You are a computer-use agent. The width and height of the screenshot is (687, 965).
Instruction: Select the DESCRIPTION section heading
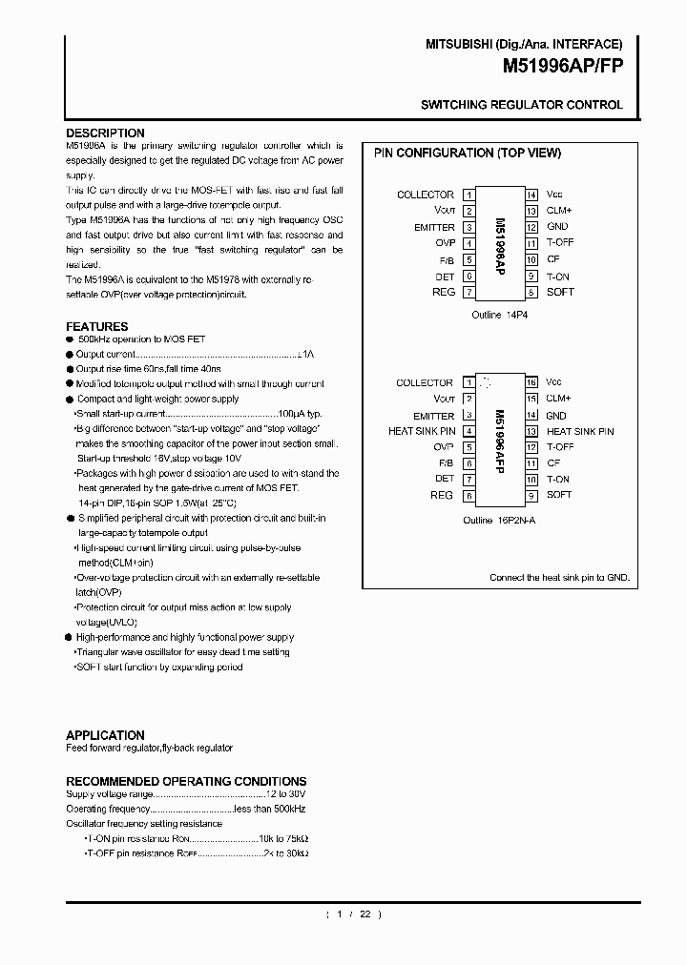(x=105, y=133)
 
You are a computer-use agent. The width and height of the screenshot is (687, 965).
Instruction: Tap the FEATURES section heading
(x=96, y=326)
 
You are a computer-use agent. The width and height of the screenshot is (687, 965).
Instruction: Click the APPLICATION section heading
(x=105, y=735)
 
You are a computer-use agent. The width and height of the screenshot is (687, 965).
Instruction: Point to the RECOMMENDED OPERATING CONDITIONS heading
(x=186, y=781)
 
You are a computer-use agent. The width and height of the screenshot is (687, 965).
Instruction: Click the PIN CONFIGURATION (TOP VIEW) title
(x=467, y=153)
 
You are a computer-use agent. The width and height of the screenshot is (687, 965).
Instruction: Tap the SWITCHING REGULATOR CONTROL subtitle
(x=522, y=105)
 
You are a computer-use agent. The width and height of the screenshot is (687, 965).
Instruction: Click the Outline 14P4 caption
(x=500, y=315)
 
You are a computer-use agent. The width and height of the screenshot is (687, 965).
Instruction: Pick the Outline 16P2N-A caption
(x=499, y=521)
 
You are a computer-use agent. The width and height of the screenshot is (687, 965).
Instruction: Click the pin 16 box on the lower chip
(x=531, y=382)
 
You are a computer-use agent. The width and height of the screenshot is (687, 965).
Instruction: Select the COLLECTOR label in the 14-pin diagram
(x=426, y=195)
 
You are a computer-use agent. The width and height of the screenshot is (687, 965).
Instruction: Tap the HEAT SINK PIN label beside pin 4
(x=421, y=432)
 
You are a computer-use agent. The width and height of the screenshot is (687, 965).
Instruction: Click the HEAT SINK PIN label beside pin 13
(x=580, y=432)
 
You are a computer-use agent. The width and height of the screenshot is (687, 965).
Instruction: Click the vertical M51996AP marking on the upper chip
(x=500, y=243)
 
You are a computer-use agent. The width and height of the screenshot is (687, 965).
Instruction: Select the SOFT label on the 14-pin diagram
(x=561, y=292)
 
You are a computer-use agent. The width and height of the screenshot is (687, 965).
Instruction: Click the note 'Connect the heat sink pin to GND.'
(x=559, y=578)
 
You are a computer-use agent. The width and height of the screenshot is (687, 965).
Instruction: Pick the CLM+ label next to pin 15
(x=559, y=399)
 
